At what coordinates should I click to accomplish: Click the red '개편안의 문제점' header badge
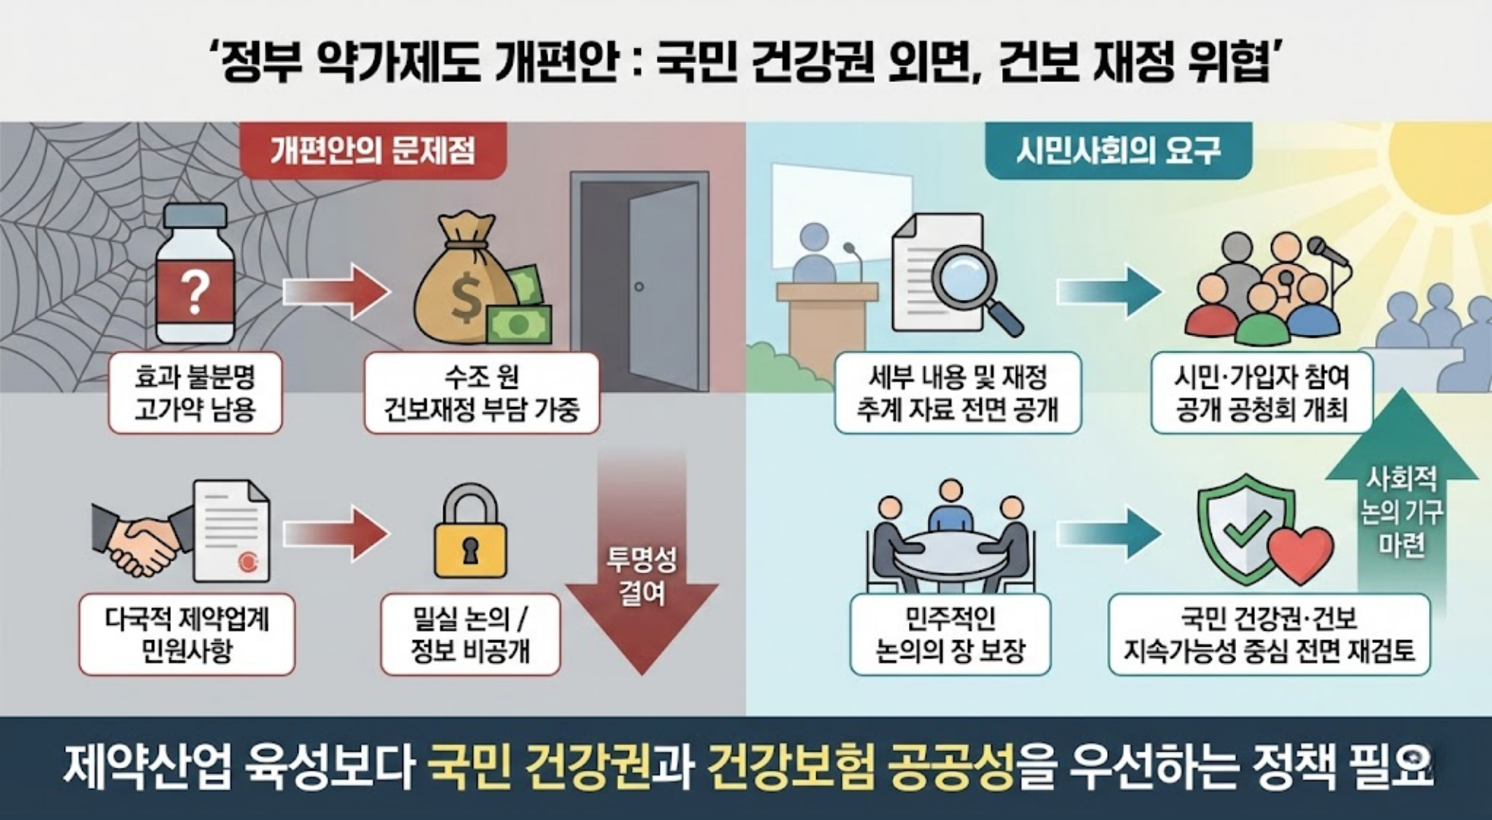[x=373, y=151]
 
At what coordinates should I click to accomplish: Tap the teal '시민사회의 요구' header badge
[x=1118, y=151]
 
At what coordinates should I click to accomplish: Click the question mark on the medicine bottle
[x=194, y=292]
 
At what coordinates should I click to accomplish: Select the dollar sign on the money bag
[x=465, y=298]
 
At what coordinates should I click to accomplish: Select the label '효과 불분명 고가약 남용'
[x=195, y=393]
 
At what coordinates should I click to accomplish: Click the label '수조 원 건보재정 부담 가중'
[x=481, y=393]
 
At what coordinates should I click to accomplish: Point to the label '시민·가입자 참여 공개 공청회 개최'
[x=1261, y=393]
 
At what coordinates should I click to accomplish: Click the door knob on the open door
[x=639, y=286]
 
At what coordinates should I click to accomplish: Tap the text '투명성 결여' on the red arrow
[x=642, y=577]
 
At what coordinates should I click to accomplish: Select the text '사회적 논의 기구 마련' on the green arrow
[x=1401, y=512]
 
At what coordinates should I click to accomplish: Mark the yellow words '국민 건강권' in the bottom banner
[x=539, y=767]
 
